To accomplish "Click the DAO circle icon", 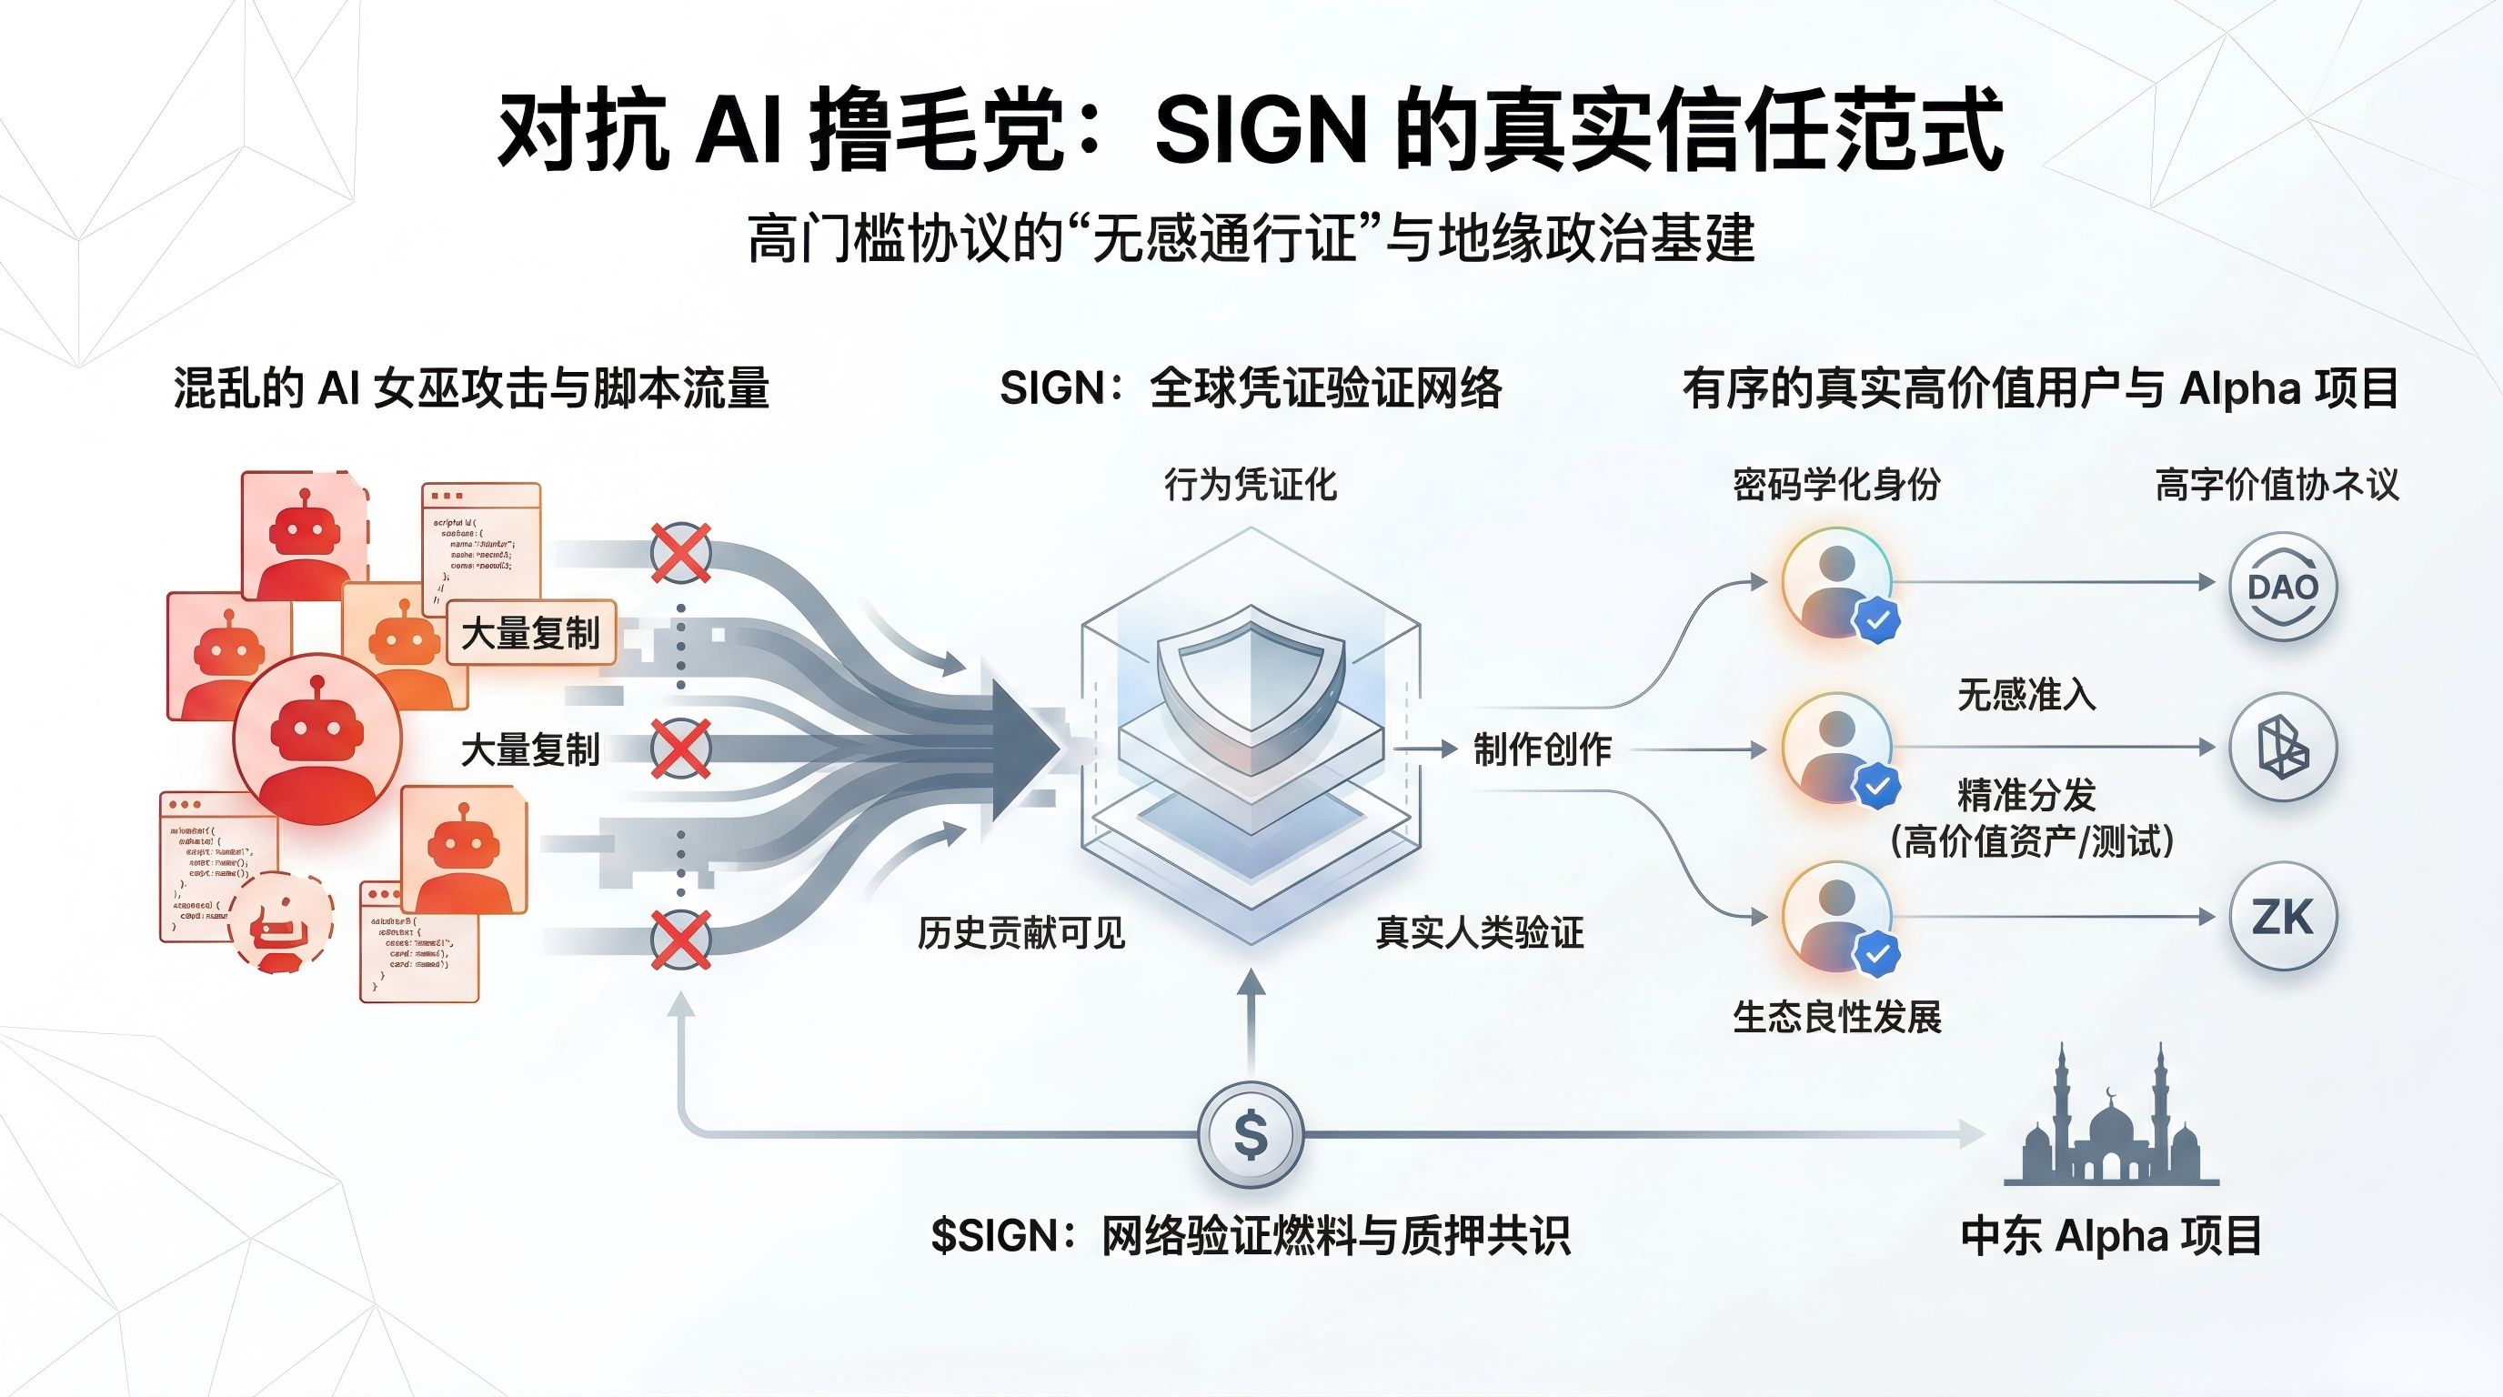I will (2281, 586).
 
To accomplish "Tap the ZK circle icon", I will (2281, 916).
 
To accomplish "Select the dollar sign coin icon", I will (1251, 1134).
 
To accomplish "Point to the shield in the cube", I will (1251, 685).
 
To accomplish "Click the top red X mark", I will (680, 553).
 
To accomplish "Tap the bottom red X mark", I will (680, 940).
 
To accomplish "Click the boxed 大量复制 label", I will (530, 633).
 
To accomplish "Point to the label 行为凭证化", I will (1251, 484).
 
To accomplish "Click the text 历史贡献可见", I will (1021, 932).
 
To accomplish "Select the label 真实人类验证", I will (1479, 932).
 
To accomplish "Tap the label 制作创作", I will (1542, 749).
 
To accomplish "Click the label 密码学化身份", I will (1836, 484).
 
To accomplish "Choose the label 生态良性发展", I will (1836, 1017).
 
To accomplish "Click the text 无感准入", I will (2026, 695).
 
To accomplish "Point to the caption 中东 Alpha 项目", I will (2110, 1236).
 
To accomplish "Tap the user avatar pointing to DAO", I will (1836, 583).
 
